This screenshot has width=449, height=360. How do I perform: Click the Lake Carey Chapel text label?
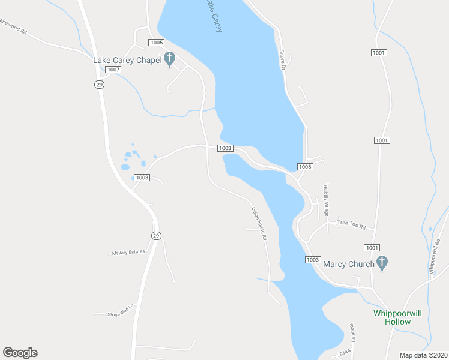127,60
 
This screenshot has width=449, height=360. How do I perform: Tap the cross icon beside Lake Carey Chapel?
169,59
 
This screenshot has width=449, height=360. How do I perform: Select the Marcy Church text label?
349,263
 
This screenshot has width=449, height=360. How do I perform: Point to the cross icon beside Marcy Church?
382,263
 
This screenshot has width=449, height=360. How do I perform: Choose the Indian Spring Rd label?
259,223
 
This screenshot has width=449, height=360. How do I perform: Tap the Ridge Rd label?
352,333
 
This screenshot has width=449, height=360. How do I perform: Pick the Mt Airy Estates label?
128,252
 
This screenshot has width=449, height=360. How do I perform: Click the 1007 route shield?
113,70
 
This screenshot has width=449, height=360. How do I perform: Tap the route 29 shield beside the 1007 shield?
100,85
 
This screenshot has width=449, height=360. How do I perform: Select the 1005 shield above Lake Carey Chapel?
157,43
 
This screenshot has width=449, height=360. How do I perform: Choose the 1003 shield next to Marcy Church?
313,259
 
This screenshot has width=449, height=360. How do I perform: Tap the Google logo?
20,353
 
